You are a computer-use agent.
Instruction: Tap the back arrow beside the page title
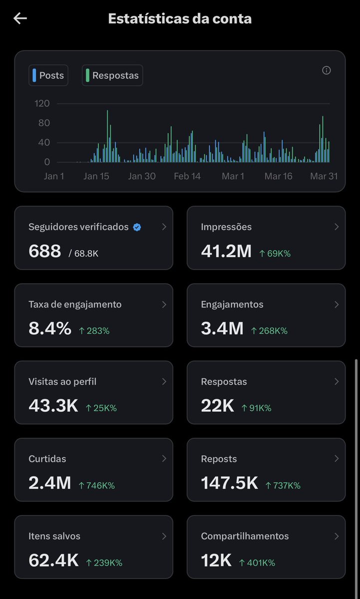pyautogui.click(x=20, y=19)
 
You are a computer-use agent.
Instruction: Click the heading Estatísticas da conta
pyautogui.click(x=180, y=19)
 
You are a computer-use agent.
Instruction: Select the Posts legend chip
pyautogui.click(x=48, y=75)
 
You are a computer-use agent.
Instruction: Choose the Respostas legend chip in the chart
pyautogui.click(x=112, y=75)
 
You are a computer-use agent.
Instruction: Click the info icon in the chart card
pyautogui.click(x=327, y=70)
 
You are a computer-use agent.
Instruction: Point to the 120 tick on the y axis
pyautogui.click(x=42, y=103)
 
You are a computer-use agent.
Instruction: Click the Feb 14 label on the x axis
pyautogui.click(x=187, y=176)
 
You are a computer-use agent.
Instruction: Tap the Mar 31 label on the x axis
pyautogui.click(x=325, y=176)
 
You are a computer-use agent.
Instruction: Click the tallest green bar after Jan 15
pyautogui.click(x=107, y=135)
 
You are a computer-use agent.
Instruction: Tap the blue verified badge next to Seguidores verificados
pyautogui.click(x=137, y=227)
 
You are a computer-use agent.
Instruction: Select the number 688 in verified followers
pyautogui.click(x=45, y=251)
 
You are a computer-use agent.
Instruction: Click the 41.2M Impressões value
pyautogui.click(x=226, y=251)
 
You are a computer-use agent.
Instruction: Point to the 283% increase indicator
pyautogui.click(x=94, y=330)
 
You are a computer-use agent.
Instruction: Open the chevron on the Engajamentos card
pyautogui.click(x=336, y=304)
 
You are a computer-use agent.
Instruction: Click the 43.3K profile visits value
pyautogui.click(x=53, y=406)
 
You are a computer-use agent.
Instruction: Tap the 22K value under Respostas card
pyautogui.click(x=217, y=406)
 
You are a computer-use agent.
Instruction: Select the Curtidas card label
pyautogui.click(x=47, y=459)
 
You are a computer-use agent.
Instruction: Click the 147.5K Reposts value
pyautogui.click(x=229, y=483)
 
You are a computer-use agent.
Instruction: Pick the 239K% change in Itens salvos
pyautogui.click(x=104, y=563)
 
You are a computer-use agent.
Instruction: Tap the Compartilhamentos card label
pyautogui.click(x=245, y=536)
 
